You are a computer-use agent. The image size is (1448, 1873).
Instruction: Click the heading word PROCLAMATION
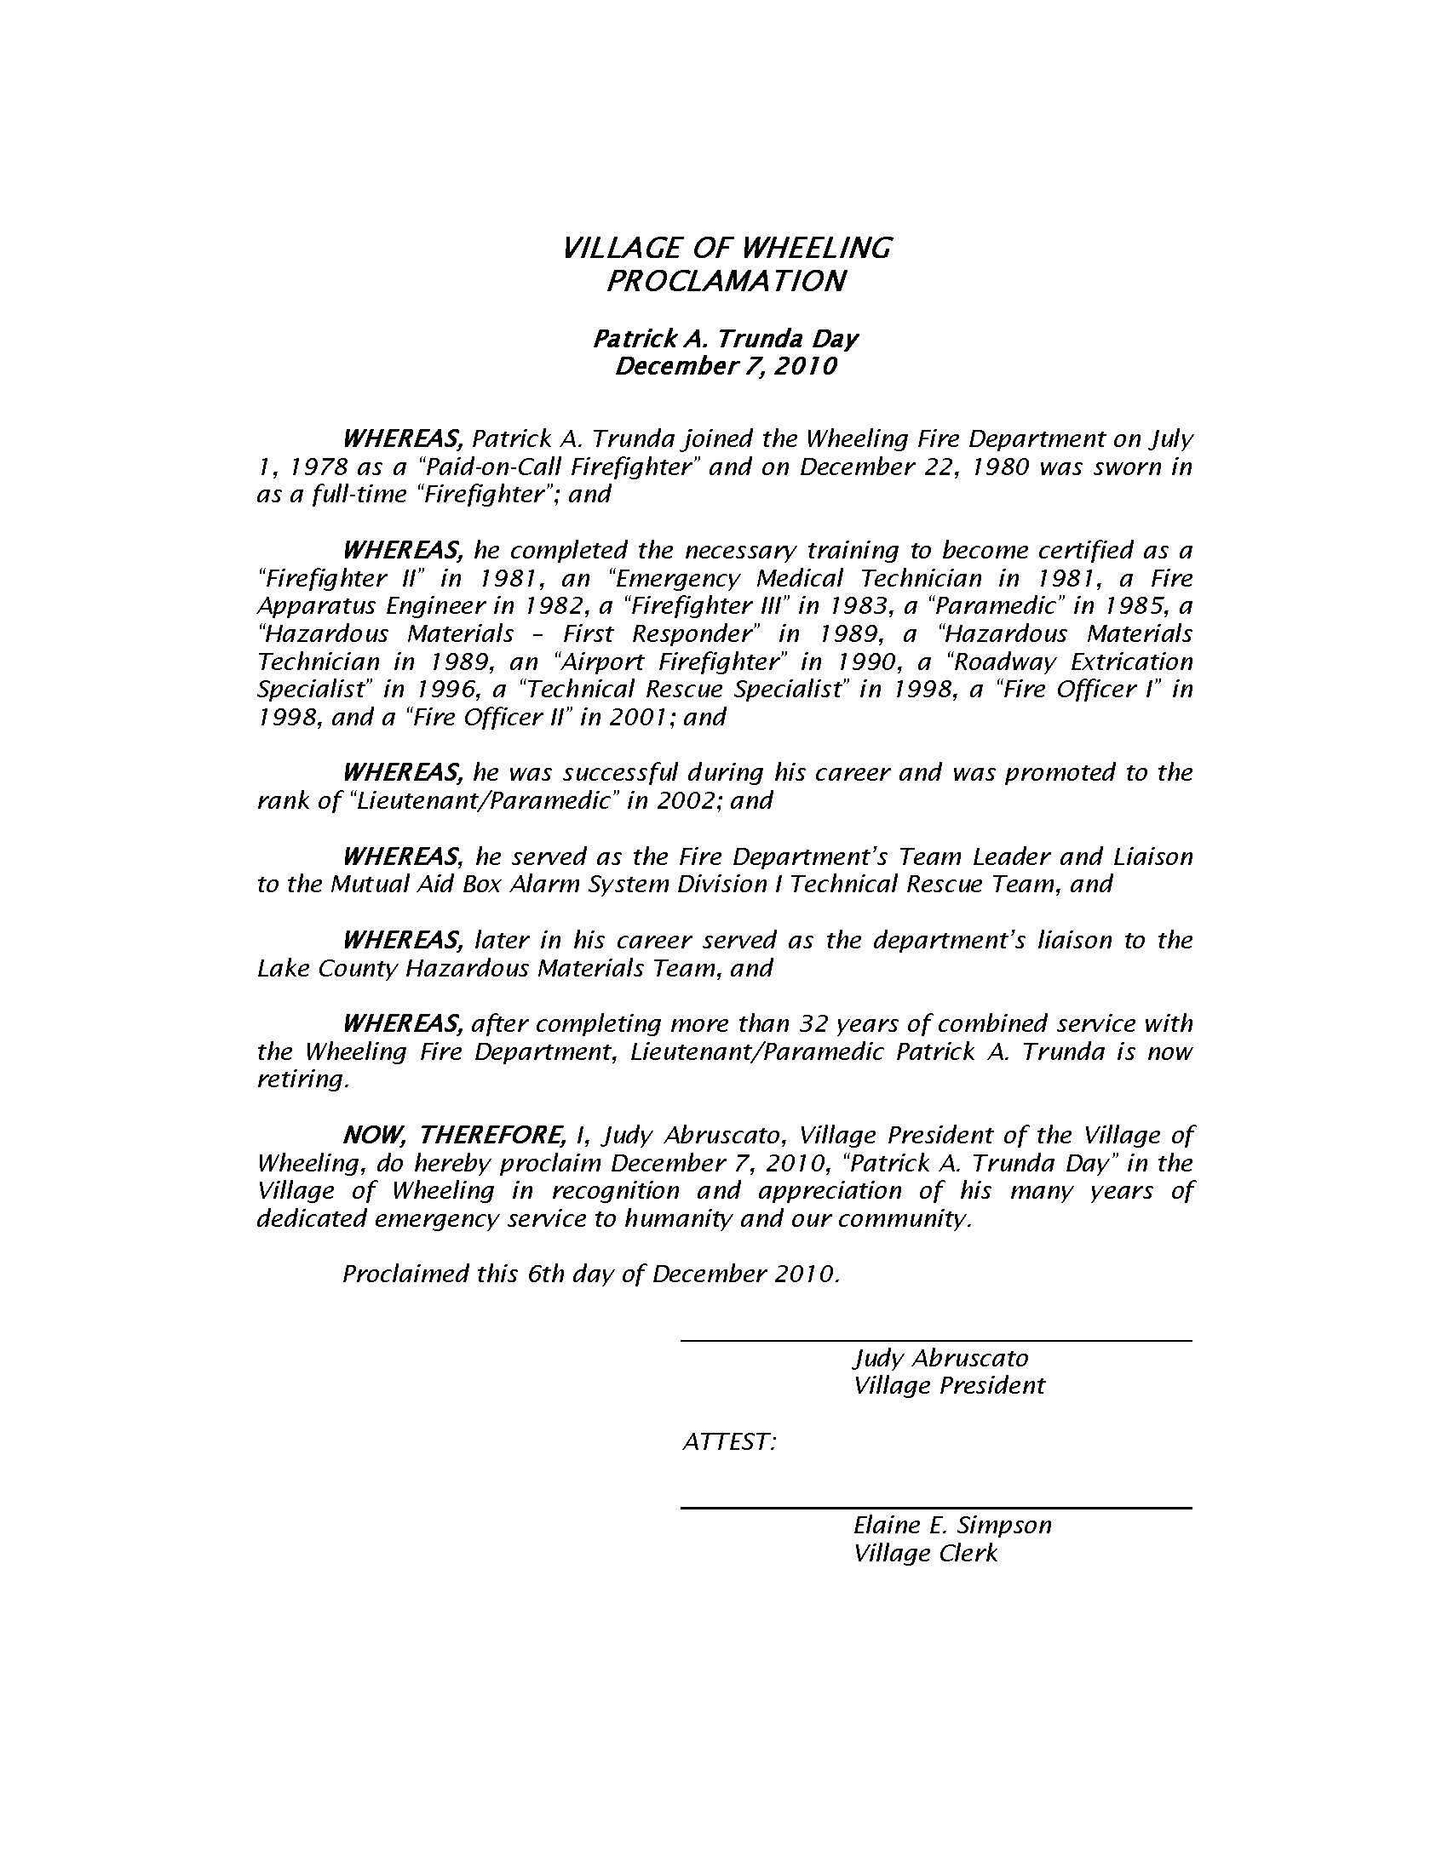tap(726, 281)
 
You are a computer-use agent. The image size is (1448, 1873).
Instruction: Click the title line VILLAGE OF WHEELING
tap(726, 248)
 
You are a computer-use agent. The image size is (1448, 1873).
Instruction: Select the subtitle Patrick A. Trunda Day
tap(725, 339)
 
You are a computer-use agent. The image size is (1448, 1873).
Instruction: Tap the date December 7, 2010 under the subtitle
tap(725, 366)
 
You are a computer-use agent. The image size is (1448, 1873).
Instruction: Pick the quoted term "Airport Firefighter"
tap(671, 662)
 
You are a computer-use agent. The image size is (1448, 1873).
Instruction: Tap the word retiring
tap(302, 1079)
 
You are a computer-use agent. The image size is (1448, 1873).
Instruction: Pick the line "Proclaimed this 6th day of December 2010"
tap(590, 1274)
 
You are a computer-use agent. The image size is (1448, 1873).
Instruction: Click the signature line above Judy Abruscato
tap(935, 1339)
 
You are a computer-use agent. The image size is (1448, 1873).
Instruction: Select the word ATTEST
tap(729, 1442)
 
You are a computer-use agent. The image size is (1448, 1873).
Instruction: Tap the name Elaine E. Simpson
tap(952, 1525)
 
